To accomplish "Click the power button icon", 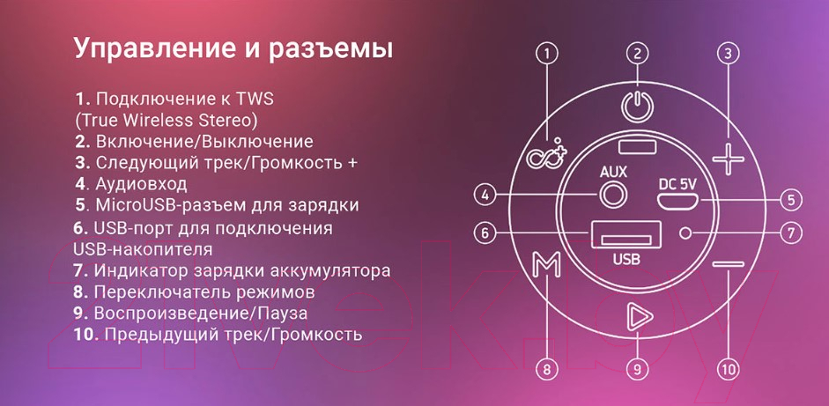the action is (x=637, y=105).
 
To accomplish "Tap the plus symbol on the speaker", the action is (x=728, y=158).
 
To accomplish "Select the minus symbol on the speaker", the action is (x=728, y=263).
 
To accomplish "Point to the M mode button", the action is (x=546, y=264).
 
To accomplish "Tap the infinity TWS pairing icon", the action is (x=546, y=155).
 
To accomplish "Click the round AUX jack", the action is (x=613, y=195).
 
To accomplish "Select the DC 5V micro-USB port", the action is (x=677, y=201).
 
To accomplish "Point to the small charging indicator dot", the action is (x=685, y=233).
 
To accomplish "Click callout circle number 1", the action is (x=547, y=53).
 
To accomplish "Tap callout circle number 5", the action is (x=791, y=200).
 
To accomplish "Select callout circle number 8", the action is (x=547, y=368).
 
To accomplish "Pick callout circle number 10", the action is (x=728, y=368).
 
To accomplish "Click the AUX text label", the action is (x=613, y=172).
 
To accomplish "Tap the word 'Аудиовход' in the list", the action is (x=141, y=184).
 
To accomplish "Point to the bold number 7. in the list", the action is (x=81, y=270).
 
